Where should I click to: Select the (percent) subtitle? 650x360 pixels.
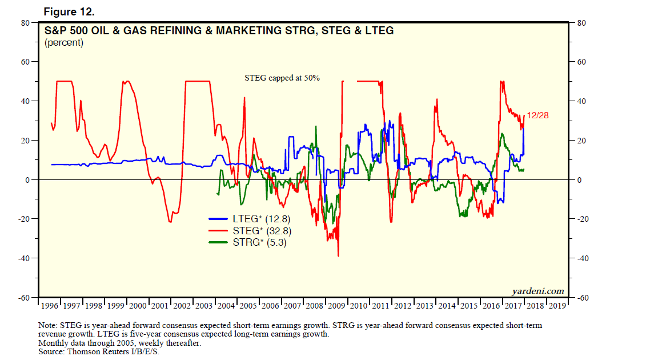point(64,43)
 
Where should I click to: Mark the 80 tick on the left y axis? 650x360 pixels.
point(25,23)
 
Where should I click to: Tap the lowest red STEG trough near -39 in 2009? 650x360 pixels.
point(338,255)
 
